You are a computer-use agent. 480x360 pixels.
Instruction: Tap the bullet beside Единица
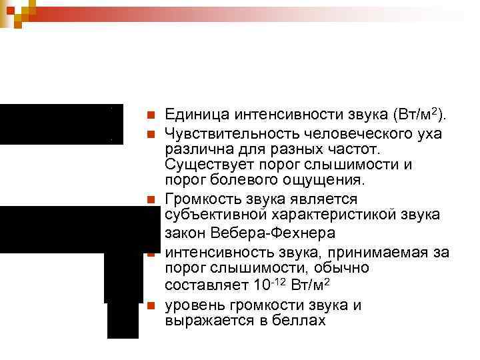(x=151, y=115)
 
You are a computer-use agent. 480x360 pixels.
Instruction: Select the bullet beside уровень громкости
(x=151, y=306)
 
